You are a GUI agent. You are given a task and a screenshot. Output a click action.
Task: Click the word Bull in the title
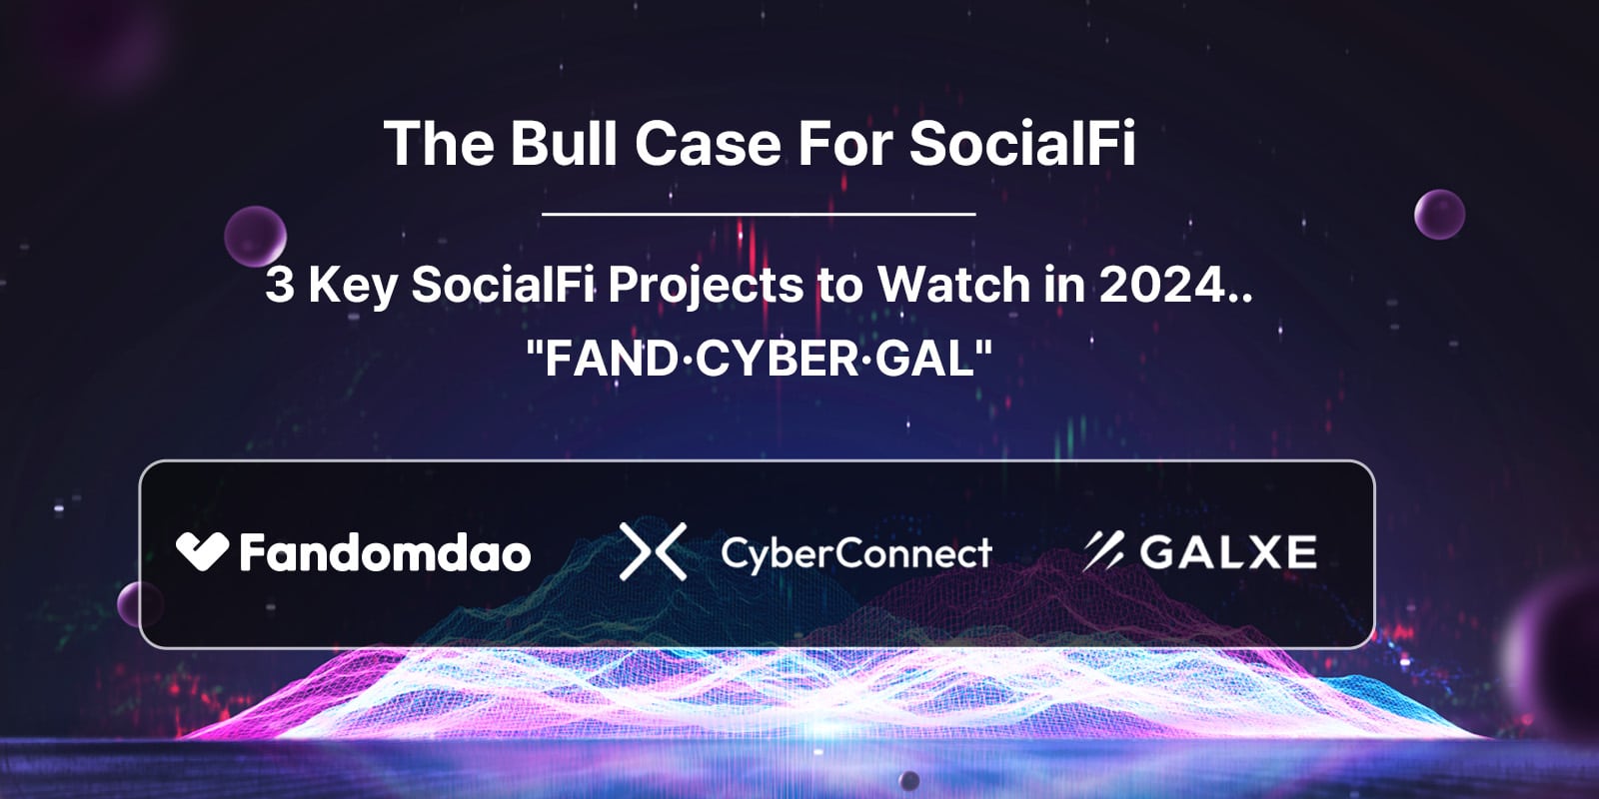point(563,143)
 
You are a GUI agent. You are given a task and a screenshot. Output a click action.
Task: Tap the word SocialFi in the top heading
point(1021,143)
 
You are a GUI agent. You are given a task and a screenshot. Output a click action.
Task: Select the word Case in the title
point(709,143)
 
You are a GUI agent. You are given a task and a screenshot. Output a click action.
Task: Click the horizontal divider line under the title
point(759,214)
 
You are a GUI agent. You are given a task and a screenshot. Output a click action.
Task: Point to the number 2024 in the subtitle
point(1163,284)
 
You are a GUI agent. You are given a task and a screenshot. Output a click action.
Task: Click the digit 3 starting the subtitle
point(279,284)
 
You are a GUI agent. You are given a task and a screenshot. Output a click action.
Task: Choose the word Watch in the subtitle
point(953,284)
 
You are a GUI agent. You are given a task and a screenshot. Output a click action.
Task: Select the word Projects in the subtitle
point(706,287)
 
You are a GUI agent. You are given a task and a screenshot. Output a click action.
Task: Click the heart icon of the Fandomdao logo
point(203,550)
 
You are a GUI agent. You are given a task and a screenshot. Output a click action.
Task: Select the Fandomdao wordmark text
point(386,552)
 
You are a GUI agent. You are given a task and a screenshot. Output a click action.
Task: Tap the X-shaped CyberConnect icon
point(654,551)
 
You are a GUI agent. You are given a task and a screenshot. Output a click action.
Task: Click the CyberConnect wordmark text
point(856,553)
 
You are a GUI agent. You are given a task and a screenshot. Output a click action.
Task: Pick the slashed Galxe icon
point(1103,550)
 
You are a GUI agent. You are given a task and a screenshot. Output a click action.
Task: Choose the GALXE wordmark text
point(1228,551)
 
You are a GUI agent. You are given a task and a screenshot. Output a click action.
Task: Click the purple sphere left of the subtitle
point(256,236)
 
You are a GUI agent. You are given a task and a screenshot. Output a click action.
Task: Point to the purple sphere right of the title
point(1440,214)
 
